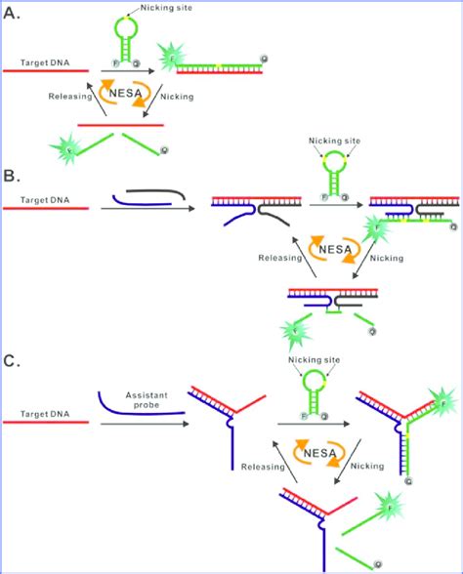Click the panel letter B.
pyautogui.click(x=14, y=179)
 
